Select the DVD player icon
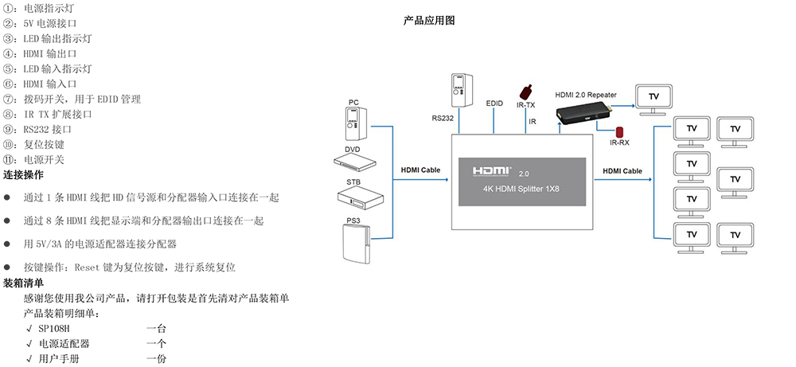click(x=353, y=162)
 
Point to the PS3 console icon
click(x=353, y=242)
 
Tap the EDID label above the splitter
click(x=494, y=103)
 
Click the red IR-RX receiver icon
click(x=619, y=131)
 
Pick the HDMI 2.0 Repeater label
click(x=586, y=95)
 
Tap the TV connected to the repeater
click(x=654, y=97)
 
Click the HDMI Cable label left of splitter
click(x=419, y=170)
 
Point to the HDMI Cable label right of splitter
click(x=622, y=170)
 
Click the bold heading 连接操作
click(x=23, y=174)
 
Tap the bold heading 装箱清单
click(x=23, y=283)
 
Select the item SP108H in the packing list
click(x=54, y=329)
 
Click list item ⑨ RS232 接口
click(x=38, y=129)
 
